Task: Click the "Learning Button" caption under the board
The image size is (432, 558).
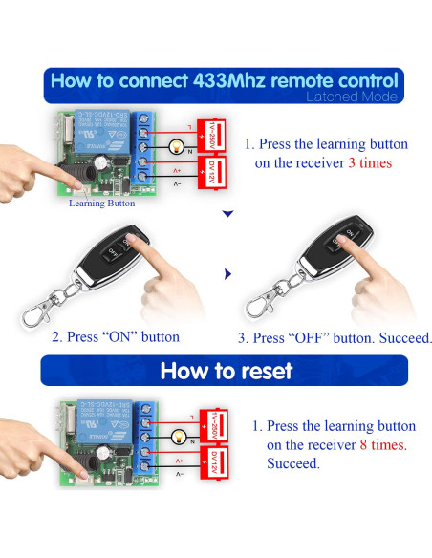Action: [102, 203]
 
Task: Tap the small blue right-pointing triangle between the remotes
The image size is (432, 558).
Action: [227, 274]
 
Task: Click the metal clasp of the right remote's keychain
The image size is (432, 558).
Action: [257, 303]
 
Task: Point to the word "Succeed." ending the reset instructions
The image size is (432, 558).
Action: [293, 463]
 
